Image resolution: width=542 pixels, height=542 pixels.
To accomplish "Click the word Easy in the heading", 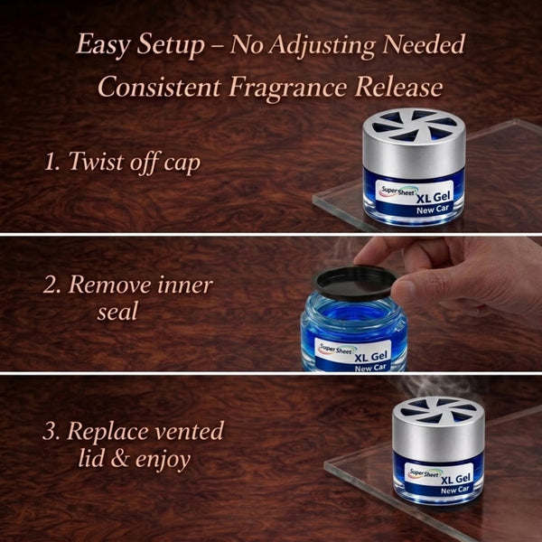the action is [x=103, y=45].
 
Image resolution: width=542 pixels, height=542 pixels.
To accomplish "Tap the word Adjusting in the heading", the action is [x=322, y=45].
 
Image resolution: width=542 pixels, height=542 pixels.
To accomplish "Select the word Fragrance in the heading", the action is [x=287, y=87].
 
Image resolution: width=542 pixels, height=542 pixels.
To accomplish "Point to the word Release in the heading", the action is [x=399, y=87].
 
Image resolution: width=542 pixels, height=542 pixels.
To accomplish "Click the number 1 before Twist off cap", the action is [x=51, y=162].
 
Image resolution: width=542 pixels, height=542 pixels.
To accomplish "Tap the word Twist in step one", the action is [x=96, y=161].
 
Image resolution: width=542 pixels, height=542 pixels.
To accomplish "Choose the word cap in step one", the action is [x=182, y=164].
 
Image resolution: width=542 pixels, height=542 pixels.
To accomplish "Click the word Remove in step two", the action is [x=110, y=285].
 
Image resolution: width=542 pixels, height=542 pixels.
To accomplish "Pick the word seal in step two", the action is [x=117, y=311].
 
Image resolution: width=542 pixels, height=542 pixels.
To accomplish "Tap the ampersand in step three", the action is [x=119, y=459].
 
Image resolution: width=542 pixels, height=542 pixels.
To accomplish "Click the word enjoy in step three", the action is [x=163, y=461].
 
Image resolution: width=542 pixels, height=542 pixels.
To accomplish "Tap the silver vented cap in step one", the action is [x=414, y=142].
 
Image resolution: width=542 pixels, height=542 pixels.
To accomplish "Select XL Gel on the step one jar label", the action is [x=434, y=198].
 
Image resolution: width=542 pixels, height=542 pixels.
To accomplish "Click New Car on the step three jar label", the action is [x=454, y=490].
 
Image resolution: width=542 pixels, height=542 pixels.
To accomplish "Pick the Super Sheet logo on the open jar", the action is [x=336, y=349].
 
